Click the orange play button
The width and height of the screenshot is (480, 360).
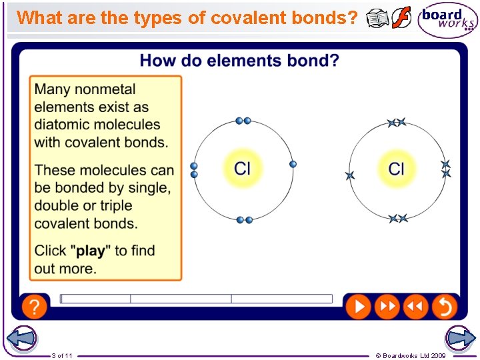(358, 307)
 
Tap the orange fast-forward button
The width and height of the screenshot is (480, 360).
(386, 307)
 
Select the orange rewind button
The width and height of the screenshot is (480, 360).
(415, 307)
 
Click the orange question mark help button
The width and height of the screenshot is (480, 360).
(34, 307)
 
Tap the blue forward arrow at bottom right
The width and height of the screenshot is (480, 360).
(460, 338)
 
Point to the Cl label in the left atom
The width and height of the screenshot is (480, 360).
(243, 167)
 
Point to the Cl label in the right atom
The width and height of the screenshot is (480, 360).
(397, 168)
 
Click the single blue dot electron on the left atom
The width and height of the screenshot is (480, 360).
(293, 164)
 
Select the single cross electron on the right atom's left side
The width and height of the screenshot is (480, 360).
(350, 175)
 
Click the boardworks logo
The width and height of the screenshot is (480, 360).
(447, 20)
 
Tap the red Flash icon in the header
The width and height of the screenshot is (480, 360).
(401, 19)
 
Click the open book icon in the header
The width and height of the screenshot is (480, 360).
(378, 19)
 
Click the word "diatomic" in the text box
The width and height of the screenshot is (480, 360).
(64, 125)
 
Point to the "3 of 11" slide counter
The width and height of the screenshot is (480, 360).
(62, 355)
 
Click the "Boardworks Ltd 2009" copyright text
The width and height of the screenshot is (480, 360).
(414, 355)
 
